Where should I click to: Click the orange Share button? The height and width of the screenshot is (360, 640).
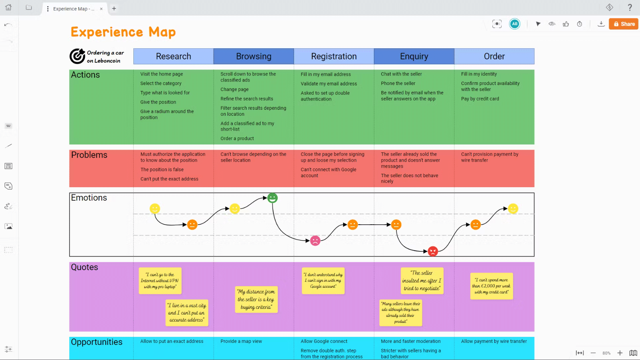pyautogui.click(x=624, y=24)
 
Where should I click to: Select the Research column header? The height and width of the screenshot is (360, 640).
pyautogui.click(x=173, y=56)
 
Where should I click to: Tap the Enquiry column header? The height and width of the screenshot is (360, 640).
pyautogui.click(x=414, y=56)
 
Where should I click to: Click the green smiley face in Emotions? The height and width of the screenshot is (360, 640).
pyautogui.click(x=272, y=198)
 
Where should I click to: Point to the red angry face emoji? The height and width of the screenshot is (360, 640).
pyautogui.click(x=433, y=251)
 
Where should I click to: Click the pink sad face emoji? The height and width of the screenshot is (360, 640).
pyautogui.click(x=315, y=241)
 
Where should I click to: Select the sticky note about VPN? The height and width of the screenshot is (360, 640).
pyautogui.click(x=160, y=281)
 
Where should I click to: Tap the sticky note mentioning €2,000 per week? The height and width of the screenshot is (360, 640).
pyautogui.click(x=491, y=286)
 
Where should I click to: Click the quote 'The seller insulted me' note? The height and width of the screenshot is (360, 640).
pyautogui.click(x=422, y=281)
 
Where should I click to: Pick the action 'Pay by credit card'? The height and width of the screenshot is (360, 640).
pyautogui.click(x=480, y=99)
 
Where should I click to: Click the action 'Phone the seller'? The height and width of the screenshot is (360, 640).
pyautogui.click(x=398, y=83)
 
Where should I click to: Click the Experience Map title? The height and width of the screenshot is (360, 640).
pyautogui.click(x=123, y=32)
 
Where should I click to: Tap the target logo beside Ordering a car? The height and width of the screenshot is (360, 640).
pyautogui.click(x=77, y=56)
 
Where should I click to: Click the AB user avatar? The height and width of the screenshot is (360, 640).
pyautogui.click(x=515, y=24)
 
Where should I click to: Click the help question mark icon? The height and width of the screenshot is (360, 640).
pyautogui.click(x=630, y=8)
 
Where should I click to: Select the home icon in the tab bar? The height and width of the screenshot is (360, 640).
pyautogui.click(x=8, y=8)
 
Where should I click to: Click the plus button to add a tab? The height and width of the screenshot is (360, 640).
pyautogui.click(x=114, y=8)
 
